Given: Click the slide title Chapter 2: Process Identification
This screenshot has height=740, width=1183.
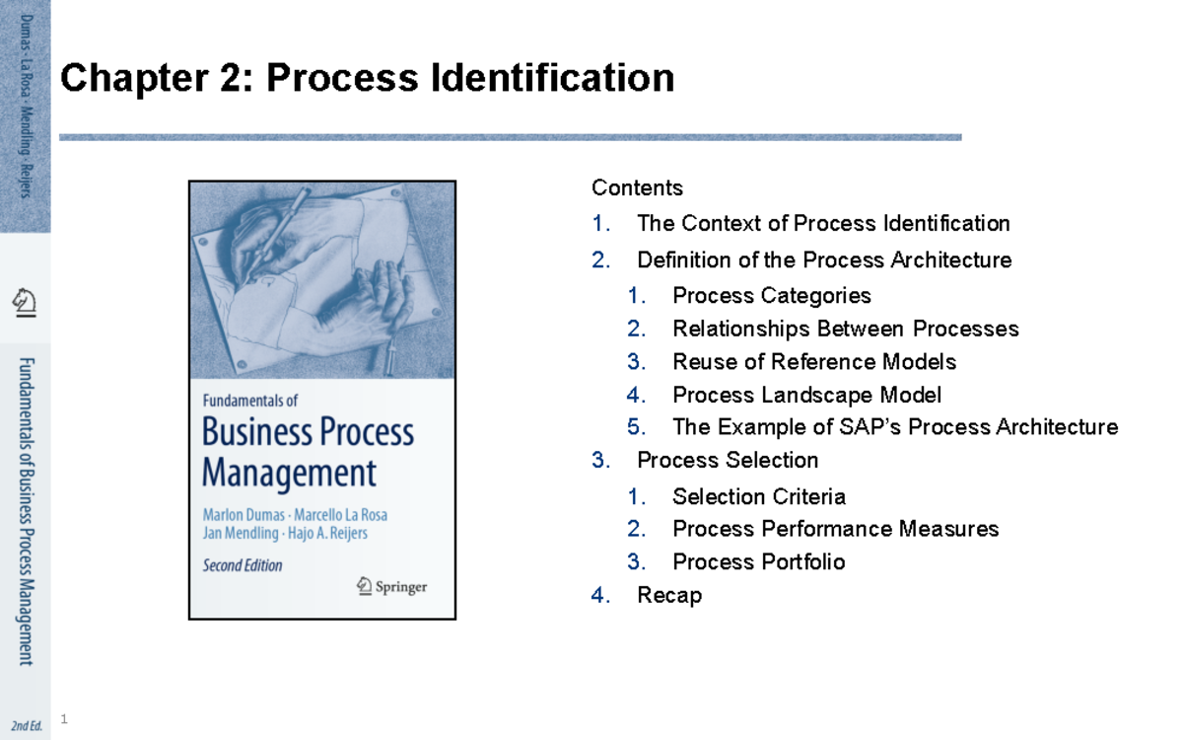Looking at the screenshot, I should (x=367, y=78).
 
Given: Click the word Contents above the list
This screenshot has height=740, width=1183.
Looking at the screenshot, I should (x=637, y=187).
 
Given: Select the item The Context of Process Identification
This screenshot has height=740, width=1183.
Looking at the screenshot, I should (x=823, y=223).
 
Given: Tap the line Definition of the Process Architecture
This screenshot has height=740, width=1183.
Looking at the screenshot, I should (x=824, y=259).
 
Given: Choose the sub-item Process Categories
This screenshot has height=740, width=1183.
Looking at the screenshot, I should (x=772, y=295).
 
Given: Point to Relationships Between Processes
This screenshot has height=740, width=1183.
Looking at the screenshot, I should (x=845, y=328).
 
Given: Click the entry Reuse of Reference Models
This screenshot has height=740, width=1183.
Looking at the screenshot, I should (x=813, y=361).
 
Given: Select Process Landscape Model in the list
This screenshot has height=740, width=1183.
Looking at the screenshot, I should (x=806, y=395).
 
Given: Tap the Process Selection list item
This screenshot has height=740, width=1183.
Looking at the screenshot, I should (x=728, y=460).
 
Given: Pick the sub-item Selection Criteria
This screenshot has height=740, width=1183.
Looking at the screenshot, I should (x=759, y=496).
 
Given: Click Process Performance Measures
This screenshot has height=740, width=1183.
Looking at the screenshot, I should (x=835, y=529).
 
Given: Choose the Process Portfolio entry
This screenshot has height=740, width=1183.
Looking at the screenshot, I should (x=758, y=561).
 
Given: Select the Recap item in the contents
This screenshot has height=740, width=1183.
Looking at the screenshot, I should (x=669, y=595).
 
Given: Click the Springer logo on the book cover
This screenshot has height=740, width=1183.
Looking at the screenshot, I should (x=391, y=586).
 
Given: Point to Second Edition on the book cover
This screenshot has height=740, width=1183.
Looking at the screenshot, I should (x=243, y=565).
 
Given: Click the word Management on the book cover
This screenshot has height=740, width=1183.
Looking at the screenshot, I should (x=289, y=473).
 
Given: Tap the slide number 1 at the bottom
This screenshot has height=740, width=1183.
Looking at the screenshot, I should (x=64, y=719).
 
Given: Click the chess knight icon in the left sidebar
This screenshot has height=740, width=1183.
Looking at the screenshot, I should (x=25, y=301).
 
